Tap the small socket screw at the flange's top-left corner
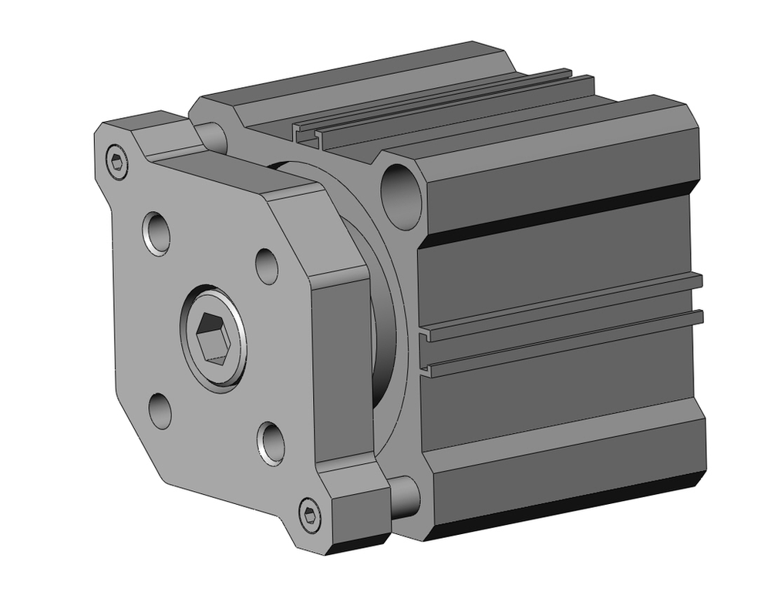click(x=116, y=162)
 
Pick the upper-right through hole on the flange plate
click(x=267, y=266)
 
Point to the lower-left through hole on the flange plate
click(x=160, y=409)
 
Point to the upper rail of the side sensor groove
click(x=563, y=305)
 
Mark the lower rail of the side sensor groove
click(x=563, y=343)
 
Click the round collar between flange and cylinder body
click(x=385, y=324)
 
